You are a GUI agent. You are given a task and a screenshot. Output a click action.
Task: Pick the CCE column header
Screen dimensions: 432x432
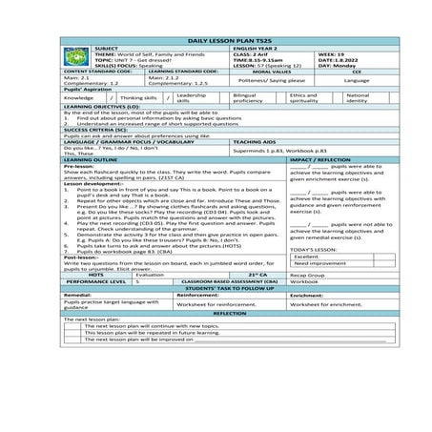click(x=356, y=72)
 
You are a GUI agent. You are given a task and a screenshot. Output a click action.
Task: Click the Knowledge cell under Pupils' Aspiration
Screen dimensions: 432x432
click(x=79, y=97)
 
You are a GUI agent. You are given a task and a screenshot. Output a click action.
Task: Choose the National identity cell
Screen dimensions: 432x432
click(x=359, y=97)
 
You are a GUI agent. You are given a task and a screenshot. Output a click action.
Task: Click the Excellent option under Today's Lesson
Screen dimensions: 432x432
click(x=307, y=257)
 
